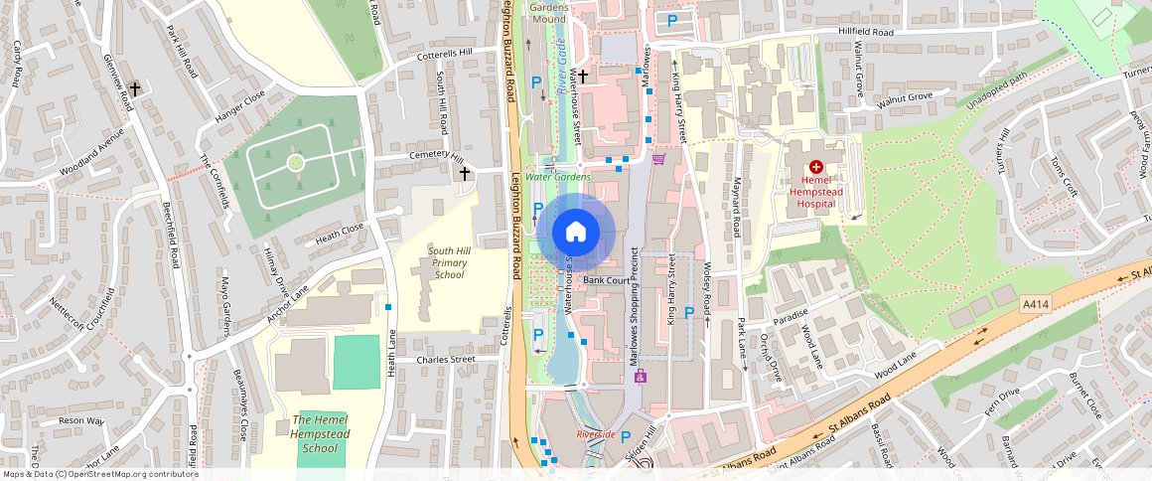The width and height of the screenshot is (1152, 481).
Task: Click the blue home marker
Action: click(575, 233)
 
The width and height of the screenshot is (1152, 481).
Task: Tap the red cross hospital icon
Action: click(816, 169)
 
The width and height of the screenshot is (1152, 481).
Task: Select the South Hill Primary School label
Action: click(449, 262)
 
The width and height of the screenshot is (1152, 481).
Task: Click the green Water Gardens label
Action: click(558, 177)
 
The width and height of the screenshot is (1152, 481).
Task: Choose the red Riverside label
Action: click(596, 434)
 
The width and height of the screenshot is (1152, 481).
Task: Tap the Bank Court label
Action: click(607, 281)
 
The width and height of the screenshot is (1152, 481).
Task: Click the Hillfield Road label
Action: click(867, 33)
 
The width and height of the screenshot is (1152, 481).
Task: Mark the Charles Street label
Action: click(446, 360)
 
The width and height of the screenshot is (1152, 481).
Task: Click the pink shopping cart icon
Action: click(657, 158)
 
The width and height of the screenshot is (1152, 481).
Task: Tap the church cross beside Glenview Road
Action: click(135, 88)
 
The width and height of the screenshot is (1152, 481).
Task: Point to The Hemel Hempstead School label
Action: click(320, 433)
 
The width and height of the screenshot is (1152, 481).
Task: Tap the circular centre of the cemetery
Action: click(295, 162)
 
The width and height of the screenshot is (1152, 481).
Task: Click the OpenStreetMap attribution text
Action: click(99, 474)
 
